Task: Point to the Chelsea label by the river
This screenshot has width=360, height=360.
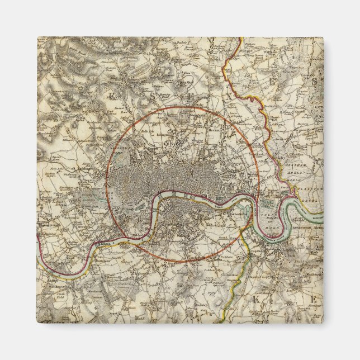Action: point(104,245)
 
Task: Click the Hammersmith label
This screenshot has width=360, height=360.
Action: point(46,225)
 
